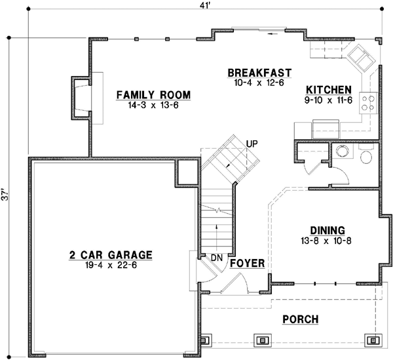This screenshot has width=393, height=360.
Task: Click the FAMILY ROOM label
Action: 153,95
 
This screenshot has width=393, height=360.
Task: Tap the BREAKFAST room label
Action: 259,73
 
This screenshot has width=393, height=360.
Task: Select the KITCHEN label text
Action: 329,90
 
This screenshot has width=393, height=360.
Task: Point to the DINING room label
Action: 327,230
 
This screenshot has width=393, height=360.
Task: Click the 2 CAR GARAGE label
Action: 111,255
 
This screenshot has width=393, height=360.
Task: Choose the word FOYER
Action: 247,264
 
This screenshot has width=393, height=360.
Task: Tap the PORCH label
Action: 301,319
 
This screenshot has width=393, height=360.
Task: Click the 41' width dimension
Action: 205,6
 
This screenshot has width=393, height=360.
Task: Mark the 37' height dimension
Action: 5,194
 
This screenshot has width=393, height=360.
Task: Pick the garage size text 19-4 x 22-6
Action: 111,265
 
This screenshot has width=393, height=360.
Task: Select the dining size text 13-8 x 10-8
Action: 326,241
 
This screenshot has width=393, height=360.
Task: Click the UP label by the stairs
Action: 252,144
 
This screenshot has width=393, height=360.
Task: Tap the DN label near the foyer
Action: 217,258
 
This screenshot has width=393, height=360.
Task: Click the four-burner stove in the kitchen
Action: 368,103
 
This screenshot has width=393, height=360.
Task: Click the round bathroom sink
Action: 343,151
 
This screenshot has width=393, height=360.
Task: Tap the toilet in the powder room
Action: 366,153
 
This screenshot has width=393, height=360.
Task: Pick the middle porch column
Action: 263,340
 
